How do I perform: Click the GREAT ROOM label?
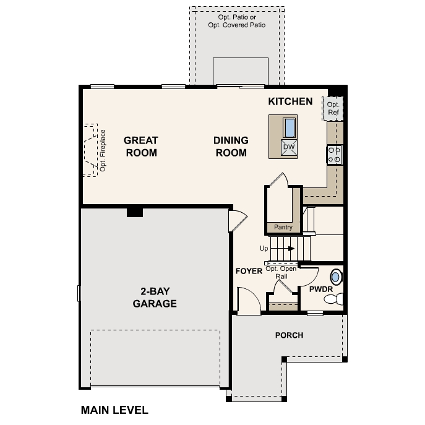pos(141,146)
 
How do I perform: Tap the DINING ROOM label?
pos(231,146)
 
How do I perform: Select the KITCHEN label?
pos(290,101)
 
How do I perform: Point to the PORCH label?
pos(289,335)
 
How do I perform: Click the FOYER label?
pos(249,272)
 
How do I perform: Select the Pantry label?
pos(283,227)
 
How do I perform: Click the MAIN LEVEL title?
pos(114,410)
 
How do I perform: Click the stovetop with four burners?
pos(334,155)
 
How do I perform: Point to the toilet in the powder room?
pos(333,299)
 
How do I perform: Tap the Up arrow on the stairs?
pos(287,248)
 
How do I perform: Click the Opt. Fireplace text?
pos(103,150)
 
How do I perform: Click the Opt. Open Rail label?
pos(281,272)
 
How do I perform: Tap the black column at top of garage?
pos(134,212)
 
